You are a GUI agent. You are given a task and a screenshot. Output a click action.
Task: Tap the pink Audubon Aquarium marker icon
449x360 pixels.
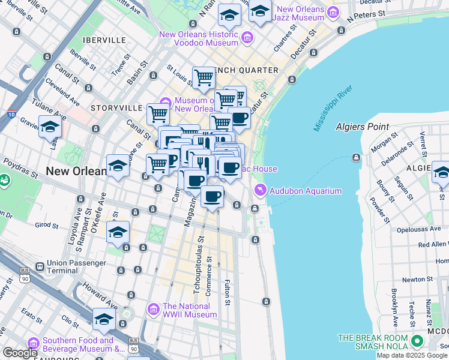click(x=261, y=191)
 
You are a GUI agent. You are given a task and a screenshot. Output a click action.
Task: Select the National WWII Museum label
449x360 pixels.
click(x=190, y=310)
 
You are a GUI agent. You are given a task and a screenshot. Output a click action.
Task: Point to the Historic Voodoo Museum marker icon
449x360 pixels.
click(x=246, y=39)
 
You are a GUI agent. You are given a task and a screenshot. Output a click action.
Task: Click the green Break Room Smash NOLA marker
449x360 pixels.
click(x=416, y=341)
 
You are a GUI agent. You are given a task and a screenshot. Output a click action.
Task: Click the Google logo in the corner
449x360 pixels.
click(x=20, y=353)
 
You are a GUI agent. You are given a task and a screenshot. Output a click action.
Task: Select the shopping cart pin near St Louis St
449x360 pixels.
click(x=204, y=77)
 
